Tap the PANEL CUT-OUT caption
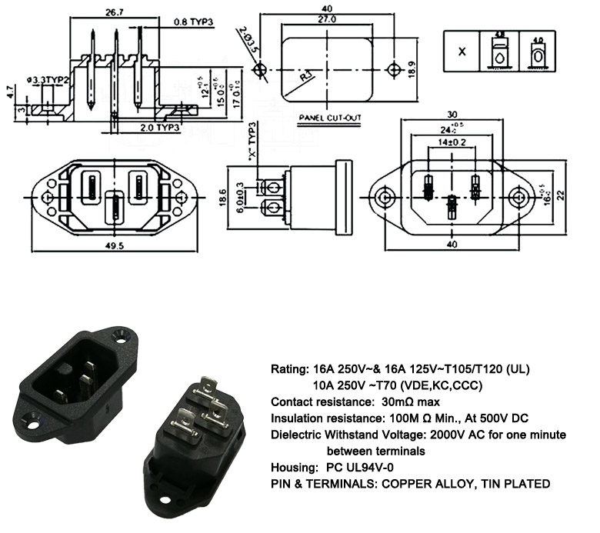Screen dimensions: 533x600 pyautogui.click(x=330, y=118)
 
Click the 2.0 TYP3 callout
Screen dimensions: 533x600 pyautogui.click(x=160, y=127)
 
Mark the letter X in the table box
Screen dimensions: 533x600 pyautogui.click(x=462, y=52)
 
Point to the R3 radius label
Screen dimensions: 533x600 pyautogui.click(x=307, y=77)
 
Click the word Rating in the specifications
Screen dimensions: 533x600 pyautogui.click(x=287, y=368)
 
